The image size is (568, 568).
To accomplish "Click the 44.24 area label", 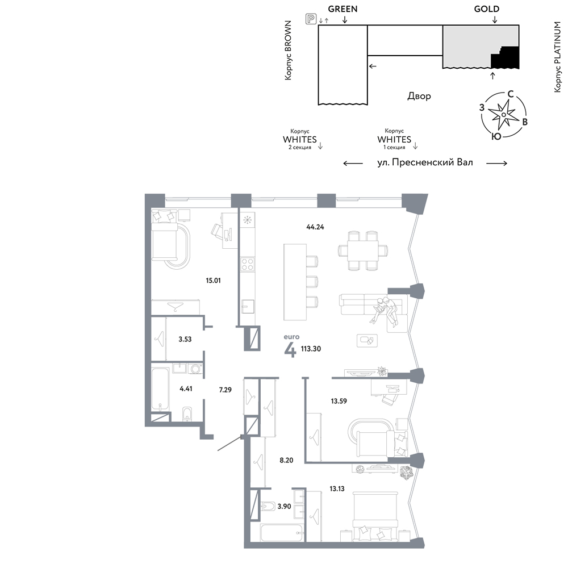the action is (315, 227).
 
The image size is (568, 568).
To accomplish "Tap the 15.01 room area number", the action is (213, 281).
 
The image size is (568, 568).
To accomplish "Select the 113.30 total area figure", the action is (311, 349).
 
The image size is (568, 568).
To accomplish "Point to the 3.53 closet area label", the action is (185, 340).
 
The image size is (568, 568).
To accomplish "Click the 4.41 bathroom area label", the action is (186, 389).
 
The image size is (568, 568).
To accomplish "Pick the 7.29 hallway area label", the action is (225, 390).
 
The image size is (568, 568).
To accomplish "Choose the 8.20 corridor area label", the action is (286, 461).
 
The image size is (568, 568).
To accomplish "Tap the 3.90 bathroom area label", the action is (284, 507).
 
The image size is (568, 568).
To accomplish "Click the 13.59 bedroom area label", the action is (339, 401).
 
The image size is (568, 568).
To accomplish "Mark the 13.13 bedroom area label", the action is (337, 488).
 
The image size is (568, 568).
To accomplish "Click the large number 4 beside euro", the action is (290, 349).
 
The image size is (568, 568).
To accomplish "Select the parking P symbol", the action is (311, 19).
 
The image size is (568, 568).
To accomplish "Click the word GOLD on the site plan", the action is (487, 9).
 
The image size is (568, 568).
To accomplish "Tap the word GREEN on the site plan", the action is (343, 9).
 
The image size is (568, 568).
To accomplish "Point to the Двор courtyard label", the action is (419, 96).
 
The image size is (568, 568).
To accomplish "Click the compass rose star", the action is (503, 115).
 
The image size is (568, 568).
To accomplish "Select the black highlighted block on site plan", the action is (506, 59).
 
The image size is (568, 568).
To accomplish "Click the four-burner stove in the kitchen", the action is (248, 264).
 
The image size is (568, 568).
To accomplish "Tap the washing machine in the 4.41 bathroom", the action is (195, 369).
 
